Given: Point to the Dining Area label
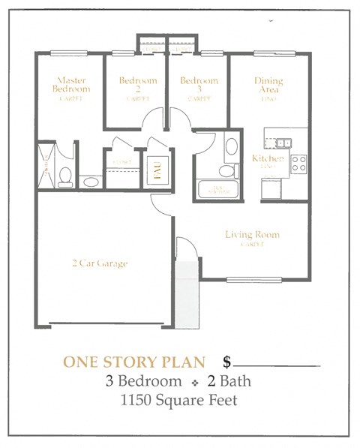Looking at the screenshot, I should click(x=269, y=84).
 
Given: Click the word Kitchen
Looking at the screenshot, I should click(x=268, y=158).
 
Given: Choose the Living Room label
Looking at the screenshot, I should click(x=252, y=235).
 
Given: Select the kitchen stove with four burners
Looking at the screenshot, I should click(x=298, y=163).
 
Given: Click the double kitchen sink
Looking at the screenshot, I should click(x=283, y=143).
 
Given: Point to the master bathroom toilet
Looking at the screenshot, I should click(x=65, y=176).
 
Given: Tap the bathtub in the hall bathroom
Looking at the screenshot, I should click(x=218, y=188).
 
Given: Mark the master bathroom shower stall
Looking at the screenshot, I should click(x=46, y=164).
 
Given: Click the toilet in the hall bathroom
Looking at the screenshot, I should click(x=231, y=146).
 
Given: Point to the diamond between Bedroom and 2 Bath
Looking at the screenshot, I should click(x=193, y=382).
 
